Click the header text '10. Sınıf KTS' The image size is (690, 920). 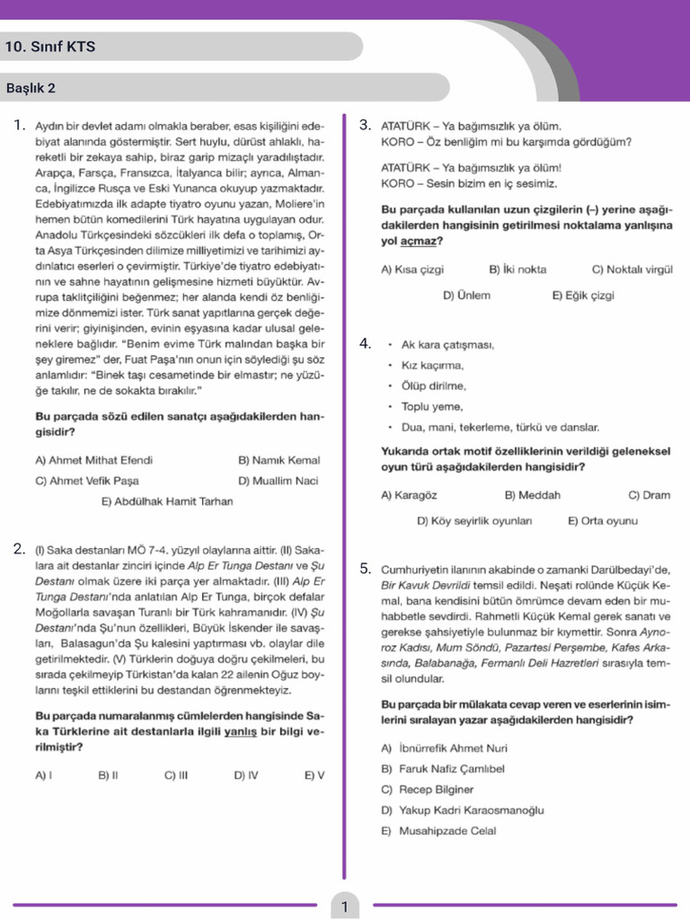[x=50, y=47]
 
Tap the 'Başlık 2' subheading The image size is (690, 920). [x=31, y=88]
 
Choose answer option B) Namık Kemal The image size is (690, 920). [x=279, y=460]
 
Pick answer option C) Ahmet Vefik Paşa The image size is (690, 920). [x=87, y=481]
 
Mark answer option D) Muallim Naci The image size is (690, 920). [x=279, y=481]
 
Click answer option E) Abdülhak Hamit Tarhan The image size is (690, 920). [x=166, y=501]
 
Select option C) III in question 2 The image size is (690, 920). [x=176, y=774]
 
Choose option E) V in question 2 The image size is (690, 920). [x=314, y=774]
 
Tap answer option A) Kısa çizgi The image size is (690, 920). [x=412, y=270]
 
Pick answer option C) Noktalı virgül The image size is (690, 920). [x=632, y=270]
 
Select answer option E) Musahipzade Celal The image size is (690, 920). [x=438, y=831]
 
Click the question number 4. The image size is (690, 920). [x=365, y=343]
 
